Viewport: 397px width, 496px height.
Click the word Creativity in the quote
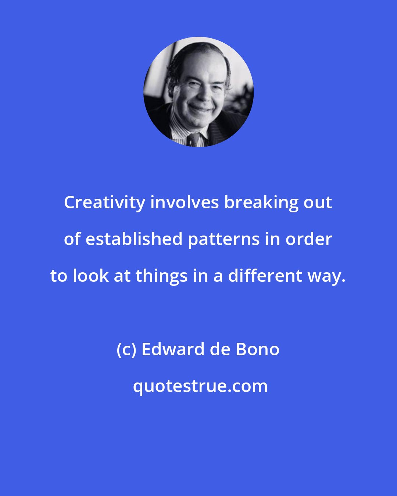(x=104, y=203)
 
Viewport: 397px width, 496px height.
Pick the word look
(x=90, y=276)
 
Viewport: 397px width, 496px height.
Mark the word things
(x=162, y=276)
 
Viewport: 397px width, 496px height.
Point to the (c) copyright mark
(x=126, y=349)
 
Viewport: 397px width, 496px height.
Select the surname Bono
(x=257, y=349)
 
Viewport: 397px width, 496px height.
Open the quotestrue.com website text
(x=200, y=386)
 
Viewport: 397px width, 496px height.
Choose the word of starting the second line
(x=72, y=239)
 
